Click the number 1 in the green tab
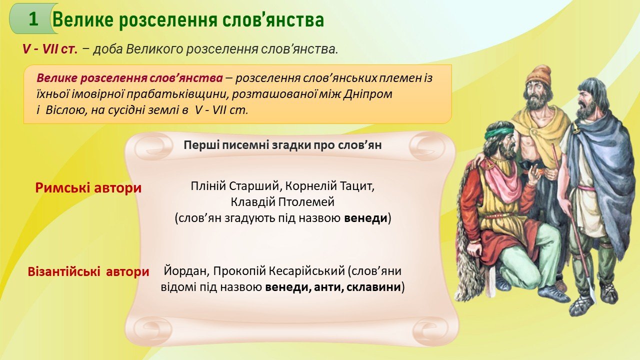pos(33,19)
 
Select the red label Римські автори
pos(88,188)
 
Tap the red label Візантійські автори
pos(88,271)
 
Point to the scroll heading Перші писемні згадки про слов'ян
pos(282,145)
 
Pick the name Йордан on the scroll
pos(186,271)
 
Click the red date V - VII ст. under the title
pos(50,49)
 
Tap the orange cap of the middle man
pos(538,75)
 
